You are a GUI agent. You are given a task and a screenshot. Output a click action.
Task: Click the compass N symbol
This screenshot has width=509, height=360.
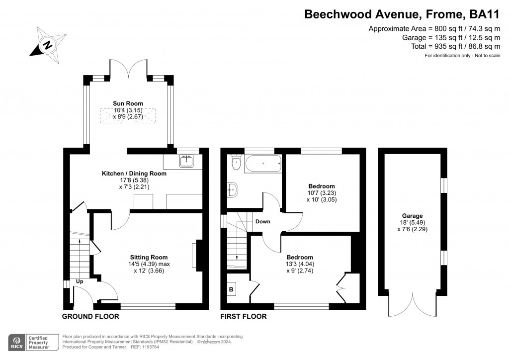pyautogui.click(x=48, y=45)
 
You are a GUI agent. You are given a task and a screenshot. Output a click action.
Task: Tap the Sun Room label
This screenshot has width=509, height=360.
pyautogui.click(x=128, y=103)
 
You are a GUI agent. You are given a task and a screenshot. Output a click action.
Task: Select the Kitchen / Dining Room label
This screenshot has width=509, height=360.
pyautogui.click(x=134, y=174)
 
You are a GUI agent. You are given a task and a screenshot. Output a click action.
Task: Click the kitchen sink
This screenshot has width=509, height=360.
pyautogui.click(x=186, y=161)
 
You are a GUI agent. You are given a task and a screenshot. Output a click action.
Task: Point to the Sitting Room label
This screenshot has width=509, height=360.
pyautogui.click(x=149, y=258)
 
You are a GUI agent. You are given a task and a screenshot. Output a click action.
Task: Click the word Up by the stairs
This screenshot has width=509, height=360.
pyautogui.click(x=80, y=281)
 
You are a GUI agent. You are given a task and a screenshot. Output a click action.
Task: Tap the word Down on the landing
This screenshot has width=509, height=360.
pyautogui.click(x=262, y=221)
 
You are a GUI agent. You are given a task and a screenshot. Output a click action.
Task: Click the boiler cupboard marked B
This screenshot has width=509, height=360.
pyautogui.click(x=231, y=289)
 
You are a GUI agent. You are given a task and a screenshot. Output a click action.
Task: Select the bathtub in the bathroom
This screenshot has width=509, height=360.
pyautogui.click(x=263, y=164)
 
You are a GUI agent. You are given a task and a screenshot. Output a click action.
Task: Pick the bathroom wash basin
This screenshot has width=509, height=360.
pyautogui.click(x=233, y=189)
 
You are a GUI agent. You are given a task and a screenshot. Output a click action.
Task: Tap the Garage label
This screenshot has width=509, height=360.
pyautogui.click(x=412, y=216)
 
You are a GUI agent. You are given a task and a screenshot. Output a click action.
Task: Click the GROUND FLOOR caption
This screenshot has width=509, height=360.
pyautogui.click(x=90, y=317)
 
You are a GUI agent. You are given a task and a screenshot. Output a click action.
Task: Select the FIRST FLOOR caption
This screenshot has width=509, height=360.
pyautogui.click(x=244, y=317)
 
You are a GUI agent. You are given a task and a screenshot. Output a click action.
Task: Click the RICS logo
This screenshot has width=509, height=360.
pyautogui.click(x=16, y=343)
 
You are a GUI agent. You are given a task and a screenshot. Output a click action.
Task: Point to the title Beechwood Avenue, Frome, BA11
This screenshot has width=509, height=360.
pyautogui.click(x=402, y=14)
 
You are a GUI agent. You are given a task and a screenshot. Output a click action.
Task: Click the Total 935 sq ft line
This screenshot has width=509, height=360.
pyautogui.click(x=455, y=46)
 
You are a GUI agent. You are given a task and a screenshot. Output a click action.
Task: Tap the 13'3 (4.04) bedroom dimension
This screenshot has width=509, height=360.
pyautogui.click(x=300, y=264)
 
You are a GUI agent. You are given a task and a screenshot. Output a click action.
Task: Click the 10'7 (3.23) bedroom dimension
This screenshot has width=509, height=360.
pyautogui.click(x=322, y=193)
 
